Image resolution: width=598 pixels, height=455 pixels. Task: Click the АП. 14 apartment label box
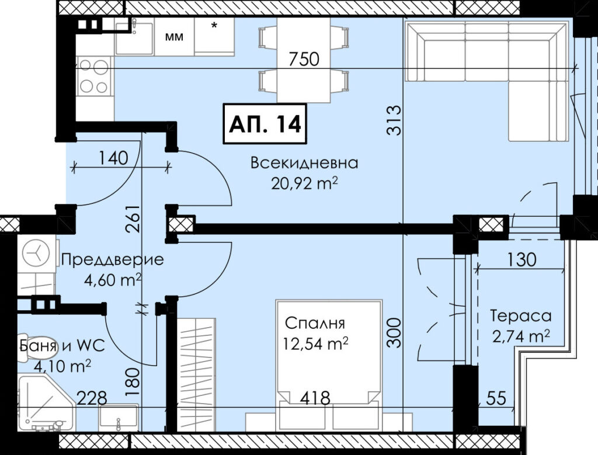click(265, 124)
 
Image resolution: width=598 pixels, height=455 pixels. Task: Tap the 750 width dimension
click(304, 59)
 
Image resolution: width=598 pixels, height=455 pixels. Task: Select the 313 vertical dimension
click(394, 120)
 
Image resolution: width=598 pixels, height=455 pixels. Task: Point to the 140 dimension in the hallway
click(113, 158)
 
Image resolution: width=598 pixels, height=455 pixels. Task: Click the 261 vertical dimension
click(133, 219)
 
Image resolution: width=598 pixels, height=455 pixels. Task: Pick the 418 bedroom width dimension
click(315, 398)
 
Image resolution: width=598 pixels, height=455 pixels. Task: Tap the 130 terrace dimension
click(521, 260)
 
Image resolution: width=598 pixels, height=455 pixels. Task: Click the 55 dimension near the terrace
click(496, 398)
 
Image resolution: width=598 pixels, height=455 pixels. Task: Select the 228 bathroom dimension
click(92, 398)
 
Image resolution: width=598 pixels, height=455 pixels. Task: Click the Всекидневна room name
click(304, 163)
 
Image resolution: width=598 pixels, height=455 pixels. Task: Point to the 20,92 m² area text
click(304, 183)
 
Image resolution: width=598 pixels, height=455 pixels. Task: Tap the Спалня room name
click(315, 324)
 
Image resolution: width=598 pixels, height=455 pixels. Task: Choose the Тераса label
click(520, 316)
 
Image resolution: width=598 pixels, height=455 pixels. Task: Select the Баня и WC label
click(62, 346)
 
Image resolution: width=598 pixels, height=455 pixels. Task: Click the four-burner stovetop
click(94, 76)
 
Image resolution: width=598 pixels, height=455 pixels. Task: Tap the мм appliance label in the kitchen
click(174, 37)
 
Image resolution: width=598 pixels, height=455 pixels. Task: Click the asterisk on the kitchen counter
click(214, 26)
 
